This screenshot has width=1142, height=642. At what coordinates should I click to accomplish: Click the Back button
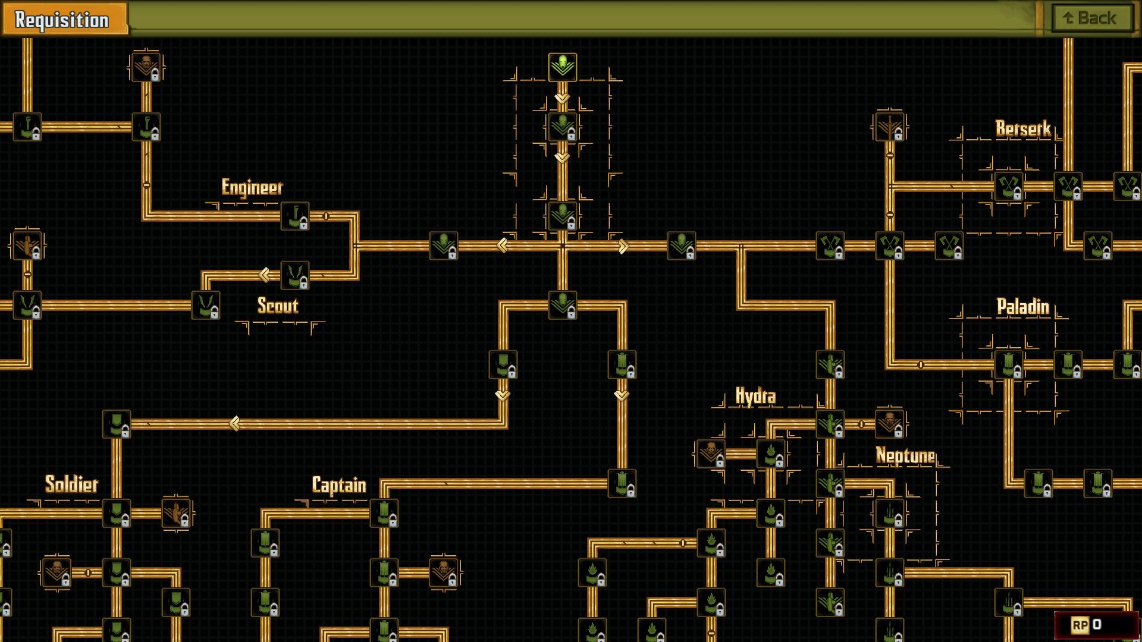tap(1091, 18)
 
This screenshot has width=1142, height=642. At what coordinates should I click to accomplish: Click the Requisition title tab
tap(63, 20)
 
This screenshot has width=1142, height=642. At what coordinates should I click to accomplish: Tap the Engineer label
tap(252, 187)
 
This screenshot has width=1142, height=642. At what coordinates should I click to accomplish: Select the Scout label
tap(278, 306)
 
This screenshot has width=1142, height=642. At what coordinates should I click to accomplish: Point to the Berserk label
tap(1023, 129)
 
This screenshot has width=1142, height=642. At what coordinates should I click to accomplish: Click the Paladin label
tap(1023, 307)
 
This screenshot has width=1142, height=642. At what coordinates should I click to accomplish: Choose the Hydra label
tap(755, 396)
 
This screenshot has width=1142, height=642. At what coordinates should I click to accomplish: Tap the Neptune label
tap(905, 456)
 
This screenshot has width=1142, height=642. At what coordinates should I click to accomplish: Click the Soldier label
tap(72, 484)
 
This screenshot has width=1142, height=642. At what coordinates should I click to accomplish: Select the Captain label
tap(339, 485)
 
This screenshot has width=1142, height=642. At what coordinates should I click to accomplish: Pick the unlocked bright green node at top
tap(563, 67)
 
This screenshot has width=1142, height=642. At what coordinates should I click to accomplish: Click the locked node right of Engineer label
tap(295, 216)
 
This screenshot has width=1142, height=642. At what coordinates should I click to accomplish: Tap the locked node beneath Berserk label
tap(1009, 187)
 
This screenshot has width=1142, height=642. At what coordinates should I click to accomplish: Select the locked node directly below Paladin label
tap(1009, 365)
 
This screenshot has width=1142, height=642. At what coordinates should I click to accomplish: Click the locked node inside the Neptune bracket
tap(890, 514)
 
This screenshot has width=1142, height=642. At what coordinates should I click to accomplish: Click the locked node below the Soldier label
tap(117, 514)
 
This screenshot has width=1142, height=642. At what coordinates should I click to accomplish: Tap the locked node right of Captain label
tap(384, 514)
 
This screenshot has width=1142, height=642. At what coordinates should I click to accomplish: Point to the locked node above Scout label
tap(295, 276)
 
